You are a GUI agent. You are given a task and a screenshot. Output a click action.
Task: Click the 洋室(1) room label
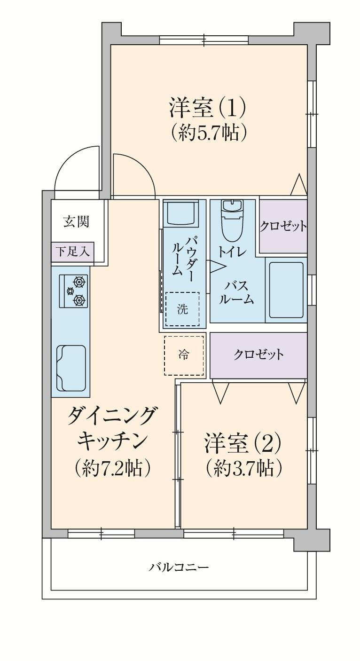(207, 108)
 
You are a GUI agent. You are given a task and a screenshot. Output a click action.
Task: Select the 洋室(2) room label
(242, 443)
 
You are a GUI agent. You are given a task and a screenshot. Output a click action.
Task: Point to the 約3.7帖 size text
(244, 468)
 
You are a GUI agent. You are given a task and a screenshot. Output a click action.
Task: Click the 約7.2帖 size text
(112, 468)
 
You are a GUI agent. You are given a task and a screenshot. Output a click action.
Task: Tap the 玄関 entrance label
(77, 221)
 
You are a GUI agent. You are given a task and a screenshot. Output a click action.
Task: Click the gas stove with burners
(74, 291)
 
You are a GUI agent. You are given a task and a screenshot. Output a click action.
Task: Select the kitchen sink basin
(71, 368)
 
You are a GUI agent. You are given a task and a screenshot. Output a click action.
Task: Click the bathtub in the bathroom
(286, 290)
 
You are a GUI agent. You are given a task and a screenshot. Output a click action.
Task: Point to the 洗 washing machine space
(182, 309)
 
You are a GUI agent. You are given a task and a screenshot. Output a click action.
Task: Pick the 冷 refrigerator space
(184, 355)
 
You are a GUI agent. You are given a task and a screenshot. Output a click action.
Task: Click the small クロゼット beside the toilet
(283, 226)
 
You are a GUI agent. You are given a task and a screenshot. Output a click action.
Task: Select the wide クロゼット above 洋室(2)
(258, 354)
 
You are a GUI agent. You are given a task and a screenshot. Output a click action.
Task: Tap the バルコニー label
(179, 567)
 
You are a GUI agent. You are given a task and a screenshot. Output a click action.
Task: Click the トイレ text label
(231, 252)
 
